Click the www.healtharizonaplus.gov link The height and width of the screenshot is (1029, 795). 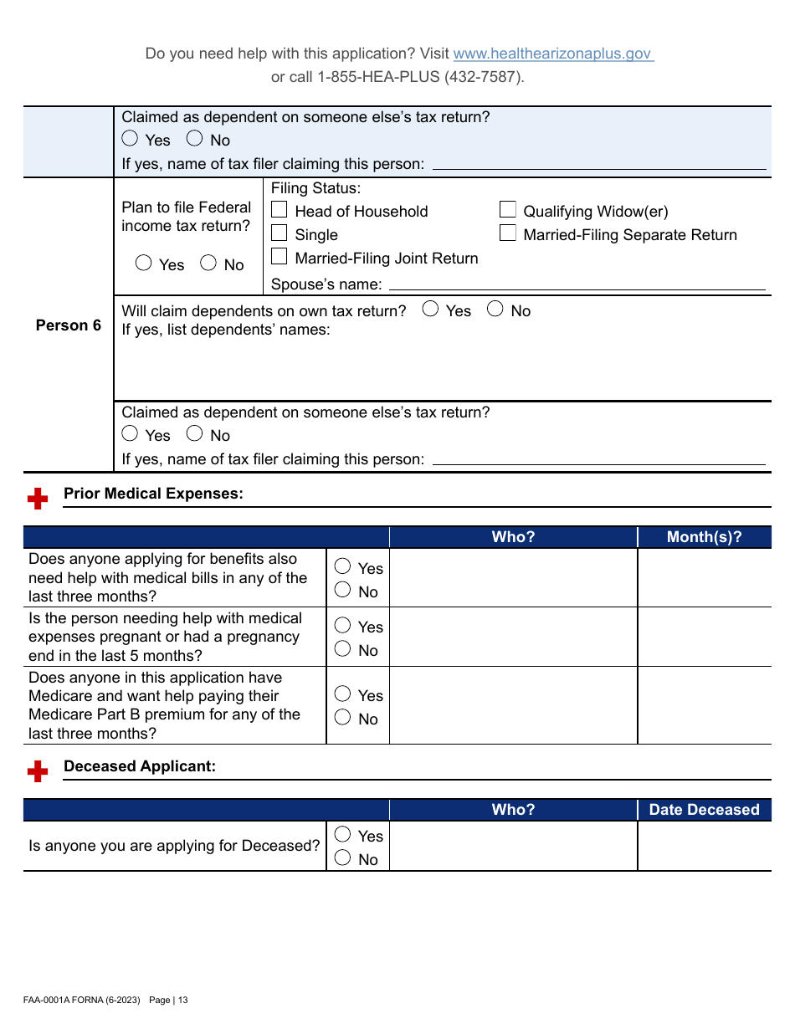pos(552,54)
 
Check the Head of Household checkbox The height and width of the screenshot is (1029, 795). pos(280,211)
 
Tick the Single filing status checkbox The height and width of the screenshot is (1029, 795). pos(280,234)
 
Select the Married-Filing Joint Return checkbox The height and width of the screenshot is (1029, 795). pos(280,258)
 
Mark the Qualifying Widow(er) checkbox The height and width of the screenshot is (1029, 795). pos(508,211)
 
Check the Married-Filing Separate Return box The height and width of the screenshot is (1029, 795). pos(508,234)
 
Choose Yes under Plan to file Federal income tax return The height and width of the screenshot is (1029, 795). pos(144,264)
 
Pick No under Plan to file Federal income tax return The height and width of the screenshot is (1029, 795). pos(208,264)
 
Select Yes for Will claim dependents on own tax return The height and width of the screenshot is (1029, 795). pos(430,310)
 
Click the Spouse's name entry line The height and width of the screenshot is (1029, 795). pos(577,284)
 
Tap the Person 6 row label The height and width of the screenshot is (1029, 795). pos(68,325)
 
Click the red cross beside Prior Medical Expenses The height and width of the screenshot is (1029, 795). pos(38,499)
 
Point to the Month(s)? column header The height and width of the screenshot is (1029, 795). pos(704,537)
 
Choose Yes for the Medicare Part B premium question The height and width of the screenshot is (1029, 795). pos(342,694)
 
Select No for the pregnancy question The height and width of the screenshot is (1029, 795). pos(342,649)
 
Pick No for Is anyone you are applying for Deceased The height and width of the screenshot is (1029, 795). pos(342,857)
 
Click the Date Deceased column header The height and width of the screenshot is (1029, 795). pos(704,810)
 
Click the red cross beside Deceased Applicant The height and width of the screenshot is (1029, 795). pos(38,771)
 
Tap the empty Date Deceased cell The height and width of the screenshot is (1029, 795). pos(704,846)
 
